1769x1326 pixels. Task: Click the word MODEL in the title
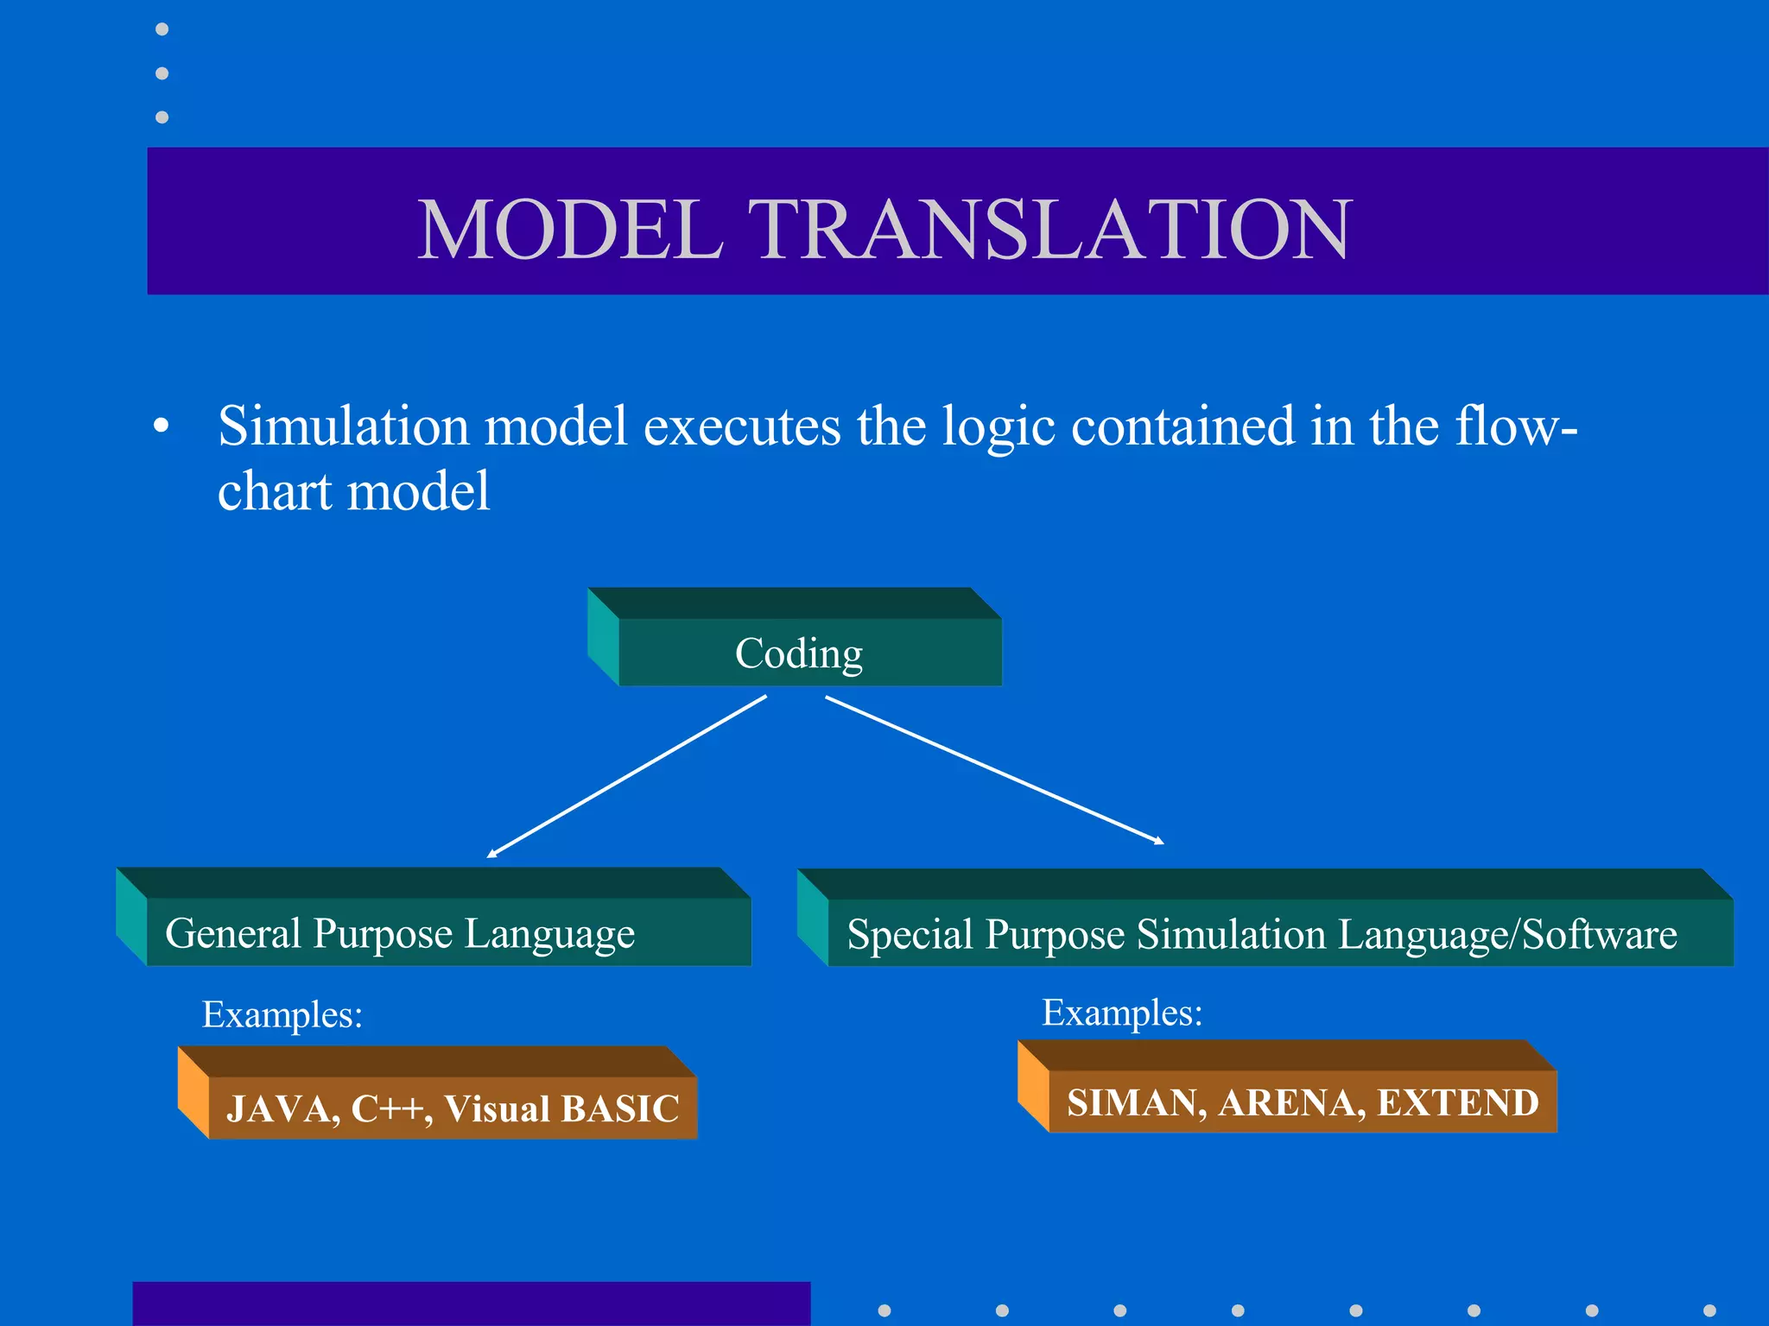(570, 230)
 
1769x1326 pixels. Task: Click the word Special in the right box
(910, 935)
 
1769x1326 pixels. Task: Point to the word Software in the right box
(1599, 935)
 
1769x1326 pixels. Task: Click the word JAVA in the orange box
(282, 1108)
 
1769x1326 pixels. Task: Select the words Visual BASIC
(561, 1108)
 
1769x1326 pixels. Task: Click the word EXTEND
(1458, 1102)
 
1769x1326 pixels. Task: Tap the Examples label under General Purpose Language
(282, 1014)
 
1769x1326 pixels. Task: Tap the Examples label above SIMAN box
(1122, 1013)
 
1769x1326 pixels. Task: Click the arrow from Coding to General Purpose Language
(626, 777)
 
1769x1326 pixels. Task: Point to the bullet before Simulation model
(161, 426)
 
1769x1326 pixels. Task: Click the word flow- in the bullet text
(1516, 426)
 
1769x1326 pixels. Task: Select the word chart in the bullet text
(275, 492)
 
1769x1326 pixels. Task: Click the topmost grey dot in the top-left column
(162, 29)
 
